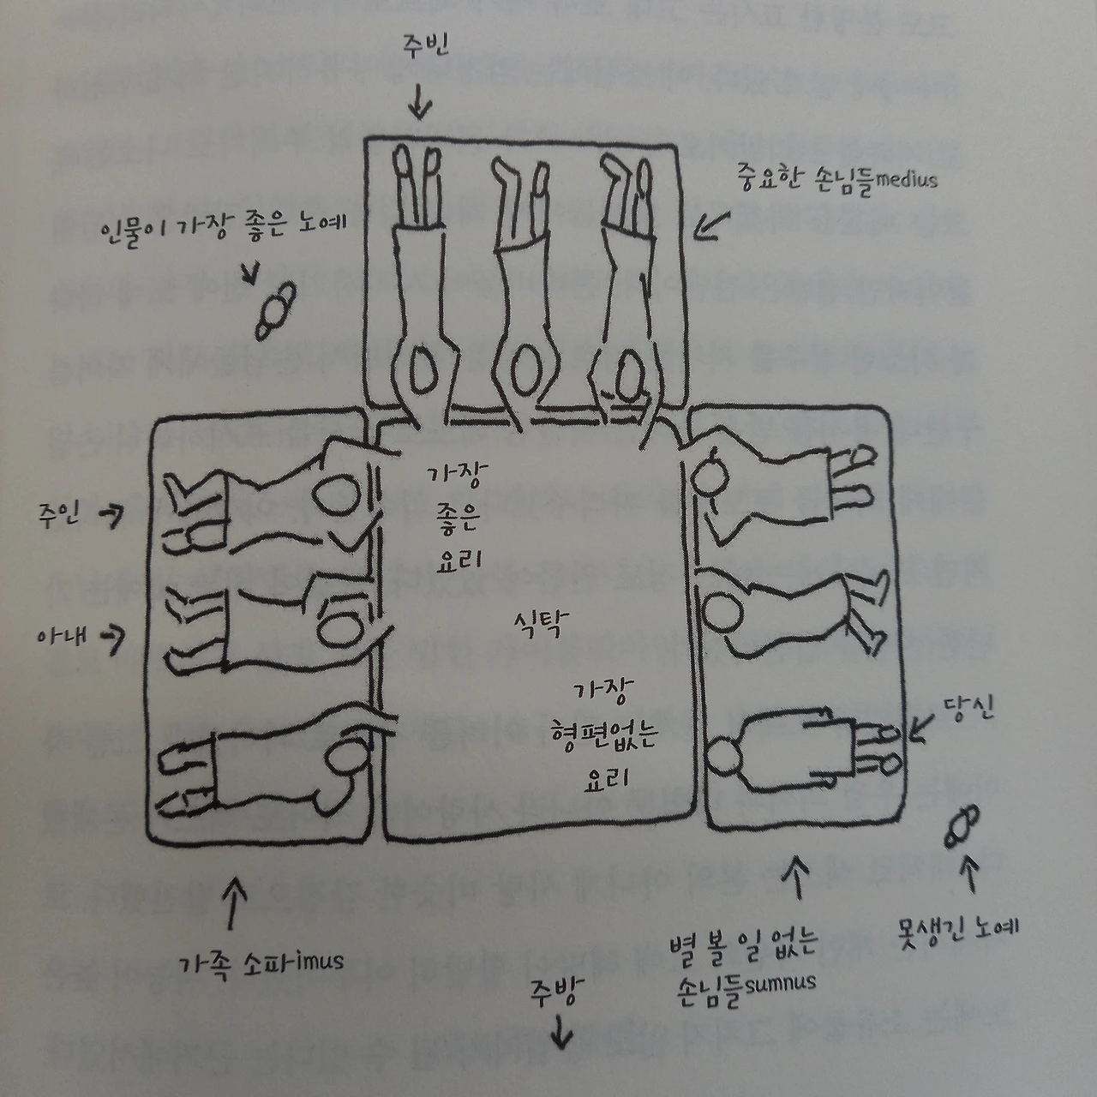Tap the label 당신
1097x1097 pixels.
(x=968, y=710)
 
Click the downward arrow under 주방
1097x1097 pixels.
(x=560, y=1034)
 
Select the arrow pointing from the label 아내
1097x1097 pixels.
(x=112, y=635)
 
